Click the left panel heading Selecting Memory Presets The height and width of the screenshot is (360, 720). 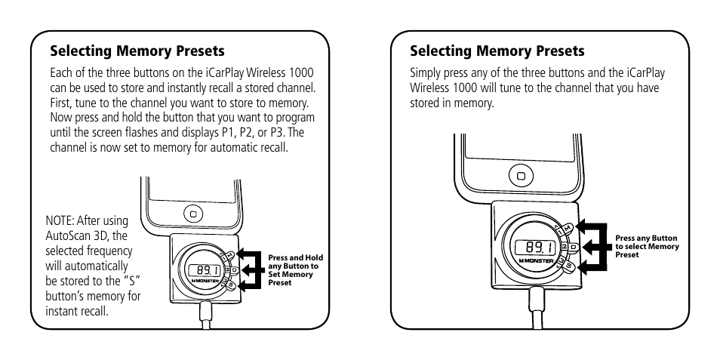coord(137,51)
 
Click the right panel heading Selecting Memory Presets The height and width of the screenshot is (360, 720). coord(497,51)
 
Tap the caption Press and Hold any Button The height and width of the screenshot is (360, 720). coord(294,269)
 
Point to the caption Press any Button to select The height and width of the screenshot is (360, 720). coord(647,246)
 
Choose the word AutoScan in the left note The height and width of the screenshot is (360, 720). coord(67,235)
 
